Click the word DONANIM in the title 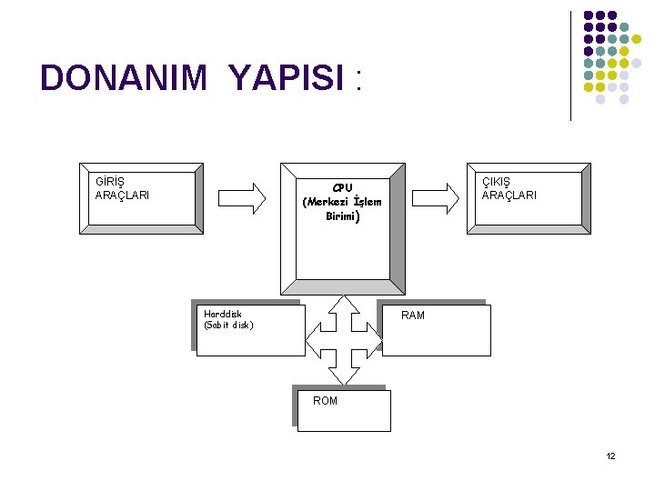coord(124,79)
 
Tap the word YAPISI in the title coord(286,79)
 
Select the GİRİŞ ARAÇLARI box coord(141,197)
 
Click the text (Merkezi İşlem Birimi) coord(342,209)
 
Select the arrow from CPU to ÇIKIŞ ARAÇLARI coord(436,195)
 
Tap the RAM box coord(436,328)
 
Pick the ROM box coord(342,409)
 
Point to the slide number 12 coord(610,456)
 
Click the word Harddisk coord(223,314)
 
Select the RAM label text coord(413,316)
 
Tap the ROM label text coord(325,401)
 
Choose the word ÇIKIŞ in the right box coord(498,181)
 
